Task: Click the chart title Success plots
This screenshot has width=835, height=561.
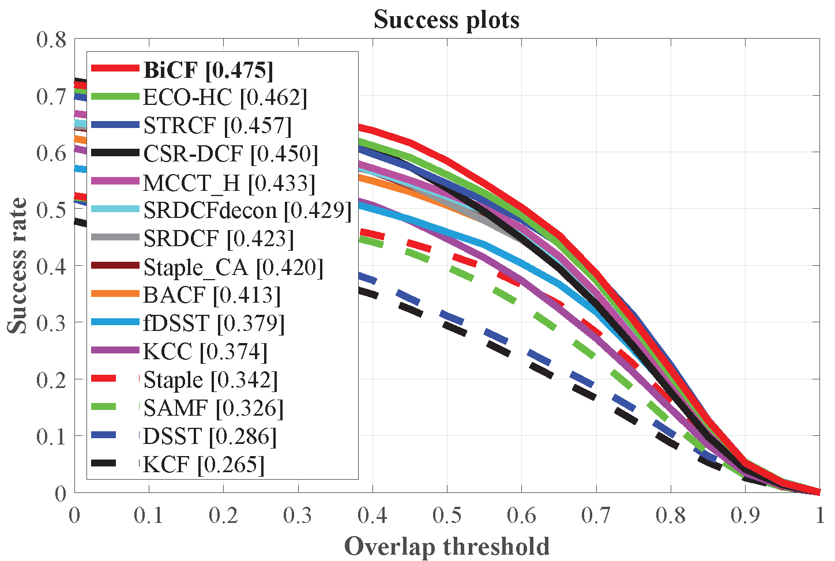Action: (x=446, y=20)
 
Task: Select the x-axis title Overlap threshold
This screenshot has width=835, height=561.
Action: (x=446, y=546)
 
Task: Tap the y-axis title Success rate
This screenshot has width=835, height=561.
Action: (x=17, y=265)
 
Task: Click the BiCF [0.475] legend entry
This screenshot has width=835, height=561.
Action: (x=208, y=70)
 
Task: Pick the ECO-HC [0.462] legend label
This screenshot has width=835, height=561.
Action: (x=225, y=97)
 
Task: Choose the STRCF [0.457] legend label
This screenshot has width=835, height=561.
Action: (x=217, y=126)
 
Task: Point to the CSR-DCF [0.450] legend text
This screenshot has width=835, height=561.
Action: (x=230, y=154)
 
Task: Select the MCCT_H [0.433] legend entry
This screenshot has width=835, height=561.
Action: (x=229, y=182)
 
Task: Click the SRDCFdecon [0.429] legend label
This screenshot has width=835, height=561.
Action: (x=247, y=210)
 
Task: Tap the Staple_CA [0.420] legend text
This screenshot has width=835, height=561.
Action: (x=233, y=267)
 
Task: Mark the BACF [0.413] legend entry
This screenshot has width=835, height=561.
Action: (x=212, y=295)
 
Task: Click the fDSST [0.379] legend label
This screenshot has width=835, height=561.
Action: (x=214, y=323)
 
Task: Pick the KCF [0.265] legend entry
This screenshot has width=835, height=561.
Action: (x=204, y=465)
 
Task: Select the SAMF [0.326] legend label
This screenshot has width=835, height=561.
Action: (x=213, y=408)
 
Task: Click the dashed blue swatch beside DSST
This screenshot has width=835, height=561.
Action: (x=115, y=436)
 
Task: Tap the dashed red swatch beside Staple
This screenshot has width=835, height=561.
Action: (x=115, y=380)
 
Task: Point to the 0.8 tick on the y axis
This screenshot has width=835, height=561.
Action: (x=52, y=40)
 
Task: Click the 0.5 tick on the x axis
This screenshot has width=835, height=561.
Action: (x=447, y=515)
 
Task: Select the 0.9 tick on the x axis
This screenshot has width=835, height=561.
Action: (x=744, y=515)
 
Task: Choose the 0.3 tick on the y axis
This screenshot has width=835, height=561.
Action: (x=52, y=322)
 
